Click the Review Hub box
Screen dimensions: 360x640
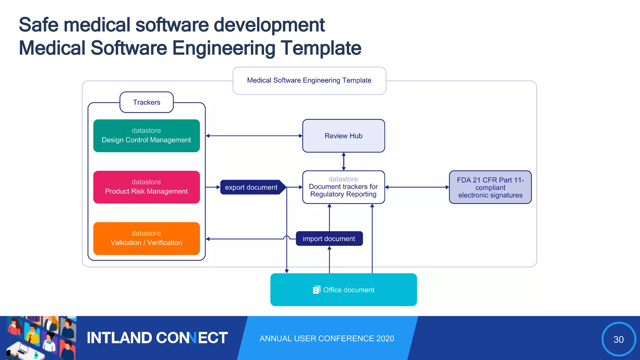coord(343,136)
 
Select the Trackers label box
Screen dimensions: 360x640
coord(147,102)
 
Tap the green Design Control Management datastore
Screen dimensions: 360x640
coord(147,136)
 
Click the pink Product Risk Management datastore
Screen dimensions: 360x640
coord(147,187)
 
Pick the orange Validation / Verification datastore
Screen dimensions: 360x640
coord(147,238)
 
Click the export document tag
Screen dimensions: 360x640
coord(252,187)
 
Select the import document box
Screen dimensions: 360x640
coord(329,239)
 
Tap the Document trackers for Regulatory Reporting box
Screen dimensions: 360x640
coord(343,187)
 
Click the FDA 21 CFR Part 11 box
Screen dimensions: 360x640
coord(490,187)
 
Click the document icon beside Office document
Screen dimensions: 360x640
coord(316,290)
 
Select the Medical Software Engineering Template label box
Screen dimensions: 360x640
coord(309,81)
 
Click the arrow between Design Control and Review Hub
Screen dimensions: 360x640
coord(254,136)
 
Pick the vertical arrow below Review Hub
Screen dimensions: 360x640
coord(343,162)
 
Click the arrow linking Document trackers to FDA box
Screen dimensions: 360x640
coord(417,187)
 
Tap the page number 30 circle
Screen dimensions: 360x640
coord(618,339)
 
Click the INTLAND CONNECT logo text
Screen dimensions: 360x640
coord(157,338)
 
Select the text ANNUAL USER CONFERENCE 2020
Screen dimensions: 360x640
coord(327,338)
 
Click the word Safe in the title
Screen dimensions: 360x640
coord(38,25)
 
